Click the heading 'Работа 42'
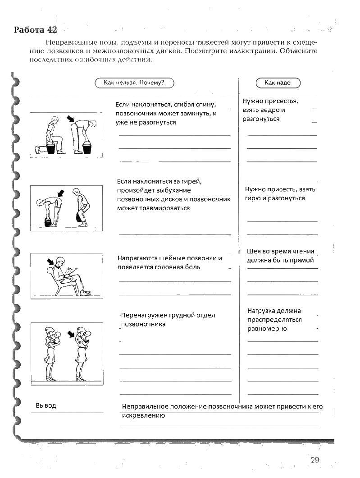coord(36,30)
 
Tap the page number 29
coord(314,460)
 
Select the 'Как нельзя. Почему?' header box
coord(134,83)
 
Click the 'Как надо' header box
coord(278,83)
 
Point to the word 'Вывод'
coord(46,405)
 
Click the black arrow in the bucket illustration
coord(69,119)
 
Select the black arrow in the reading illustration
coord(49,262)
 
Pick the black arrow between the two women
coord(71,334)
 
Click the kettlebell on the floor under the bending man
coord(47,222)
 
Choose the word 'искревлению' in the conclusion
coord(143,415)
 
